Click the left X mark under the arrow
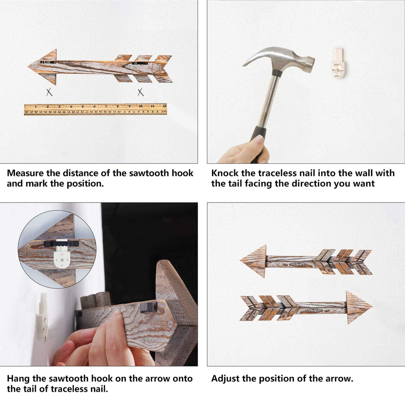[49, 92]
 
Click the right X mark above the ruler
[140, 92]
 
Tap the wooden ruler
[96, 109]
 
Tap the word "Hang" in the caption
[18, 378]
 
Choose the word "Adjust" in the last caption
[225, 378]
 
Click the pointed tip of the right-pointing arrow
[372, 307]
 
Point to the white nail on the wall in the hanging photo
[42, 317]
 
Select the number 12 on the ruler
[164, 106]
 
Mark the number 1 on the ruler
[36, 106]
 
